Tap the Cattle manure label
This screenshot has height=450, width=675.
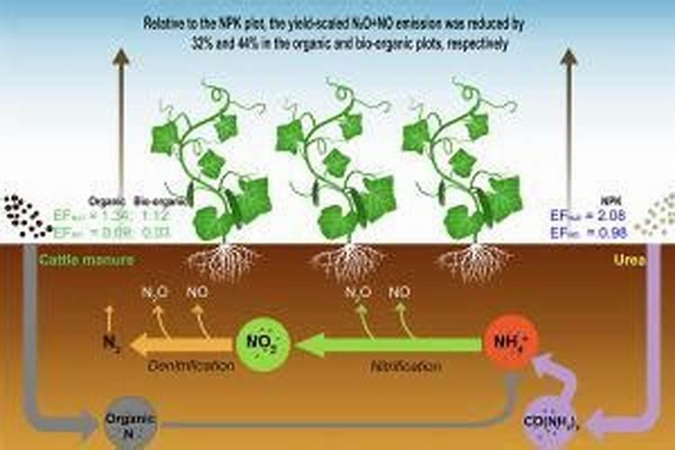coord(86,259)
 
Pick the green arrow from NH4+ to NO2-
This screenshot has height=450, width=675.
coord(387,343)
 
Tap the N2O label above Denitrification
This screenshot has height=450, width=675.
coord(155,292)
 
